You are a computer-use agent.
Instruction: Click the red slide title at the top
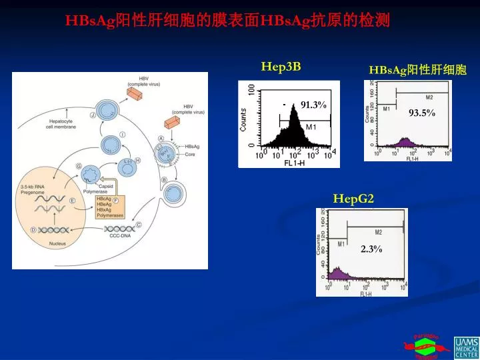tap(227, 21)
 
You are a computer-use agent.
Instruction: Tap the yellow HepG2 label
tap(353, 198)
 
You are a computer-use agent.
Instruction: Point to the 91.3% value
tap(313, 105)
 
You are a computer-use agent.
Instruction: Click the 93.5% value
tap(421, 113)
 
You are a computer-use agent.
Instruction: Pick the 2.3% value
tap(371, 249)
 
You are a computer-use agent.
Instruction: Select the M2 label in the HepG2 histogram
tap(378, 232)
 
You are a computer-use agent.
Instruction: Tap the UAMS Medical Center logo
tap(466, 347)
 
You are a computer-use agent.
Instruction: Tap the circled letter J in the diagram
tap(93, 115)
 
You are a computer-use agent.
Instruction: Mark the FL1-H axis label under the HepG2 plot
tap(366, 294)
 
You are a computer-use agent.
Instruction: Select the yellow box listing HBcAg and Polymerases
tap(109, 207)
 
